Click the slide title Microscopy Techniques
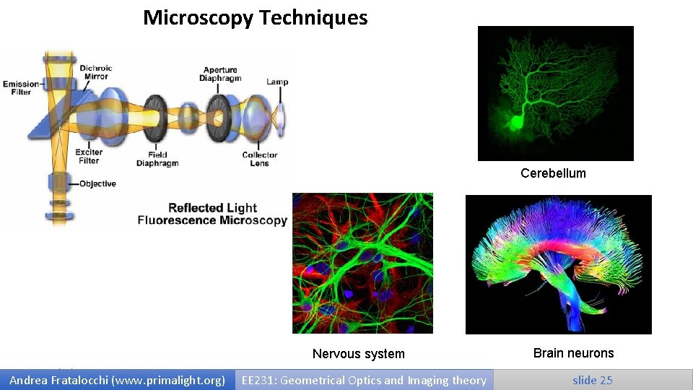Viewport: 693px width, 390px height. click(255, 17)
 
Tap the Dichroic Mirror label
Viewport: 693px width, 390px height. click(95, 72)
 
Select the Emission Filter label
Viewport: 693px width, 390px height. click(21, 87)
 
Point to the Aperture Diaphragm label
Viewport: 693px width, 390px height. click(222, 74)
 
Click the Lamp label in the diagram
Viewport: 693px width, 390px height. click(277, 82)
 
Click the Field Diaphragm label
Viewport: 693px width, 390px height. click(157, 159)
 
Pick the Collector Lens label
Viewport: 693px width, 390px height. click(260, 159)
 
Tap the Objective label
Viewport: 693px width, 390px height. click(97, 183)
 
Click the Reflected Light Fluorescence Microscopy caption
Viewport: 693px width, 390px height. click(212, 214)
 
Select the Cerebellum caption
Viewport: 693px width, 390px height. click(553, 173)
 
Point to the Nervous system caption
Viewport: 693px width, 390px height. click(358, 354)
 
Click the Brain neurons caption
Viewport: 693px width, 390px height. click(573, 353)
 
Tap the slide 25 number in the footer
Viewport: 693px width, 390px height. click(592, 380)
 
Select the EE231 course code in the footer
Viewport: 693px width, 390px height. click(257, 380)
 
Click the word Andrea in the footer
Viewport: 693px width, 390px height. click(28, 380)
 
